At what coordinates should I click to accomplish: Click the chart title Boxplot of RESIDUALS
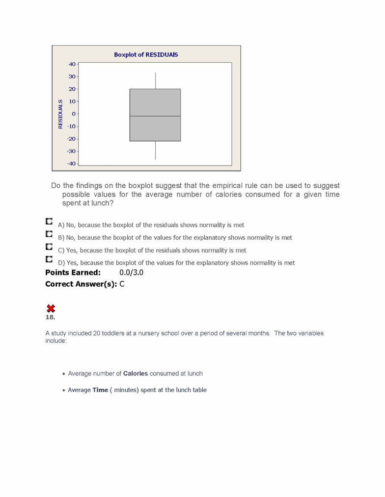146,54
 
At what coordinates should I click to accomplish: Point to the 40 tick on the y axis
72,64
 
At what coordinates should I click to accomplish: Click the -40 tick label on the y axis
71,164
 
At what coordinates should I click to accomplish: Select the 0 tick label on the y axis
74,114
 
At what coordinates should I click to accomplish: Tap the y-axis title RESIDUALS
60,114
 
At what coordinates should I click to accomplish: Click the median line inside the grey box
155,116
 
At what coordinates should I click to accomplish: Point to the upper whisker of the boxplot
155,81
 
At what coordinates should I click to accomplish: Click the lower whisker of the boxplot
155,150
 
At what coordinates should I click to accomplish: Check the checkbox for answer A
49,222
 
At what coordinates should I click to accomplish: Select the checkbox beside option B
49,234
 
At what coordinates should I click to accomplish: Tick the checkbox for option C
49,247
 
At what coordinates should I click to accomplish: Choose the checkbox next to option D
49,259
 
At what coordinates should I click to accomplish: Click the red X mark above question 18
50,308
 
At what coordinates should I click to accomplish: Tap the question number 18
50,317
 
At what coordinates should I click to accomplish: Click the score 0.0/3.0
131,273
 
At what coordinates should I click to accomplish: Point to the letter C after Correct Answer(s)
122,284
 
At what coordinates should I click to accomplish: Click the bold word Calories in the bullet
135,373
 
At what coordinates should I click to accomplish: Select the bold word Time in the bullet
100,390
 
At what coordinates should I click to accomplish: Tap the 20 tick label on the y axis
72,89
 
